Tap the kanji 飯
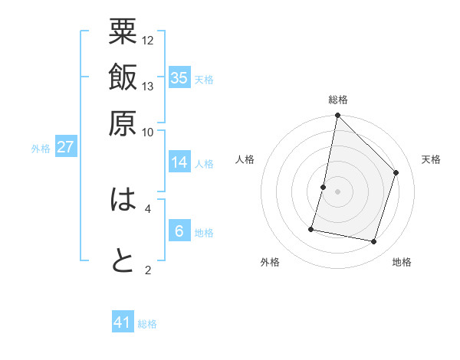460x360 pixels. click(x=123, y=77)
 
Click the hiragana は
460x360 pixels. click(x=123, y=200)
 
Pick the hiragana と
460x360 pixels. click(x=123, y=261)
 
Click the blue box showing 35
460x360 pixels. click(x=179, y=77)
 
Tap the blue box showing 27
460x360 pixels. click(x=65, y=146)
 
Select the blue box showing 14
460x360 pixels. click(x=179, y=162)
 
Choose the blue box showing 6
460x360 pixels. click(x=179, y=231)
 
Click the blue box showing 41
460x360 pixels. click(x=123, y=322)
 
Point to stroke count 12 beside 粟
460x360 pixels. click(x=148, y=40)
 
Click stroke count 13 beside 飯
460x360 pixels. click(x=148, y=86)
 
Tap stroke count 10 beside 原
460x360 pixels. click(x=148, y=132)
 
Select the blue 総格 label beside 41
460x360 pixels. click(x=147, y=324)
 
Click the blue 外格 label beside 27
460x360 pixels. click(x=41, y=149)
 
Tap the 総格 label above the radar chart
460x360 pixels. click(x=337, y=100)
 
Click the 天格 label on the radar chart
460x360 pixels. click(x=431, y=159)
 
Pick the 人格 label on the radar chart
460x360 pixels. click(x=245, y=159)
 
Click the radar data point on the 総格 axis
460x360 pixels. click(x=337, y=116)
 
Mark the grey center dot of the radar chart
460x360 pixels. click(x=337, y=191)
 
